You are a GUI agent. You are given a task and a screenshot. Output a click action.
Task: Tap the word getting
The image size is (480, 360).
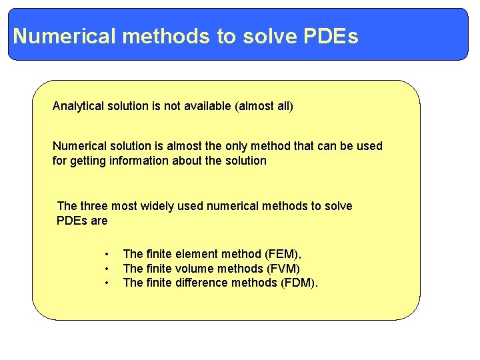(87, 161)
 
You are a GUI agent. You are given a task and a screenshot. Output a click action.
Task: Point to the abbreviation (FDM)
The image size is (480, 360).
(300, 283)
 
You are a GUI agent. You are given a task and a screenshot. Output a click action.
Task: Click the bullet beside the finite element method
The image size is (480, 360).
(106, 254)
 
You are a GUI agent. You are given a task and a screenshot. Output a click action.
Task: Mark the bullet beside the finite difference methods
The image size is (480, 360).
(106, 283)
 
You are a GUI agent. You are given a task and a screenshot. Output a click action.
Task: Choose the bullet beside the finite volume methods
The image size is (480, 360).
(106, 269)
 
